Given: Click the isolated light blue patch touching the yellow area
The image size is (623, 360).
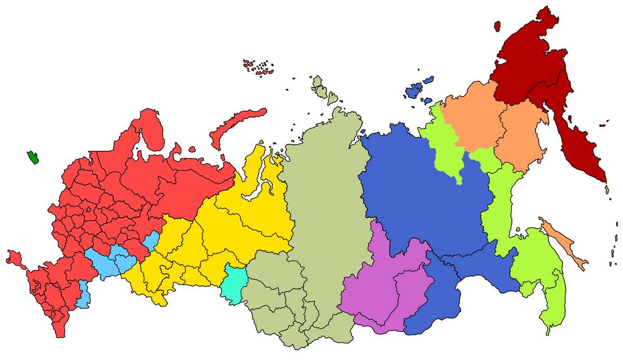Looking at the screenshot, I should pyautogui.click(x=151, y=240).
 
